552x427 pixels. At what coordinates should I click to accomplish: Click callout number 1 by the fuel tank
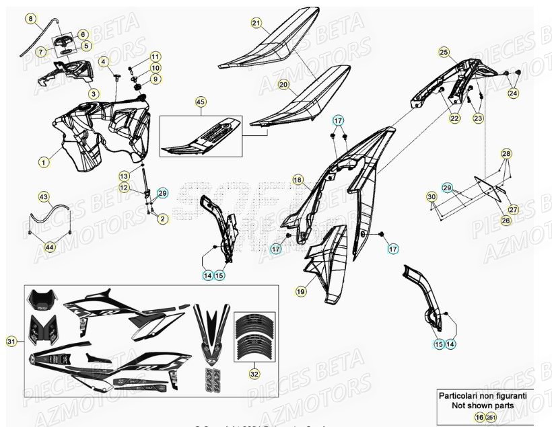click(x=43, y=162)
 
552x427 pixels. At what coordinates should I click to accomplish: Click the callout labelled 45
click(x=200, y=102)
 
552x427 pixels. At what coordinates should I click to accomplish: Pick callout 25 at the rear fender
click(x=444, y=52)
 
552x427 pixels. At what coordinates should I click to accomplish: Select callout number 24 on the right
click(x=514, y=93)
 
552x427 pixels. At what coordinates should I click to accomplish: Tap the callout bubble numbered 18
click(x=298, y=180)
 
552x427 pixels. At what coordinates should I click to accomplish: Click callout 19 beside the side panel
click(x=300, y=292)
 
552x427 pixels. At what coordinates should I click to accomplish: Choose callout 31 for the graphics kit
click(x=11, y=342)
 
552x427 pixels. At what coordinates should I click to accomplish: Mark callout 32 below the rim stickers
click(x=254, y=371)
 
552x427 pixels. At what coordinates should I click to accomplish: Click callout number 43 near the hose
click(x=44, y=197)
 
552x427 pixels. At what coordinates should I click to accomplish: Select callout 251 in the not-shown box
click(x=491, y=418)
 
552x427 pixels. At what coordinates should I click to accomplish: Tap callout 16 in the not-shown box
click(x=479, y=418)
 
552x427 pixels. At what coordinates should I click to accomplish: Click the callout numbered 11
click(x=156, y=56)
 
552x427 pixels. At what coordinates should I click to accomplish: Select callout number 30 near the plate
click(x=431, y=196)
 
